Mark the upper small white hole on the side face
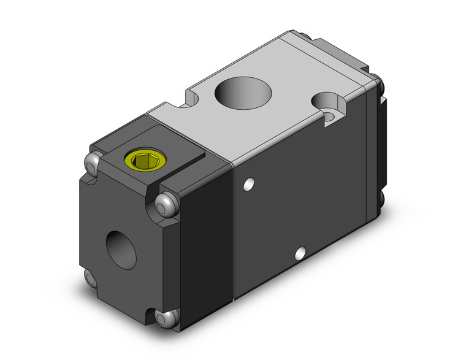tap(249, 183)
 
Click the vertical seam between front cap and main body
tap(232, 233)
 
